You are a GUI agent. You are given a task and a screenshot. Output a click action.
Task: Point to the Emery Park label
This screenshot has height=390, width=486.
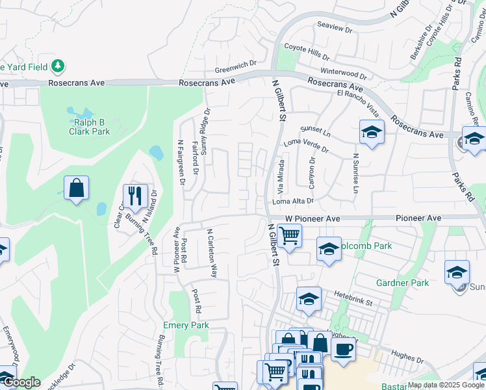tap(186, 325)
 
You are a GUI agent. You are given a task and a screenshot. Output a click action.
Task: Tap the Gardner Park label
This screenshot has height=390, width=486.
tap(402, 283)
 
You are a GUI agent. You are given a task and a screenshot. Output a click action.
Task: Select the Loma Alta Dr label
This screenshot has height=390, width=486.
tap(293, 201)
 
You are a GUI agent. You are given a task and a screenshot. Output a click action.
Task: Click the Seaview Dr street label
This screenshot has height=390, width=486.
tap(335, 30)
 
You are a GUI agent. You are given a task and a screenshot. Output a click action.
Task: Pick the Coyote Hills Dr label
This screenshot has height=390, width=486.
tap(309, 47)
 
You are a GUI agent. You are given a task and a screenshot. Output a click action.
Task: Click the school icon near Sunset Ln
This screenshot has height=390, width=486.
tap(371, 133)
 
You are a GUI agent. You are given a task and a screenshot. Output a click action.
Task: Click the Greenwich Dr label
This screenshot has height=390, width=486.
tap(237, 71)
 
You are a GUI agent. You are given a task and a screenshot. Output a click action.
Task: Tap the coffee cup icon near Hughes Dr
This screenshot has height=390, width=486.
tap(343, 348)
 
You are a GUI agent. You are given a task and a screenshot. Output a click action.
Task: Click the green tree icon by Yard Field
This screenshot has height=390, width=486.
tap(58, 66)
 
